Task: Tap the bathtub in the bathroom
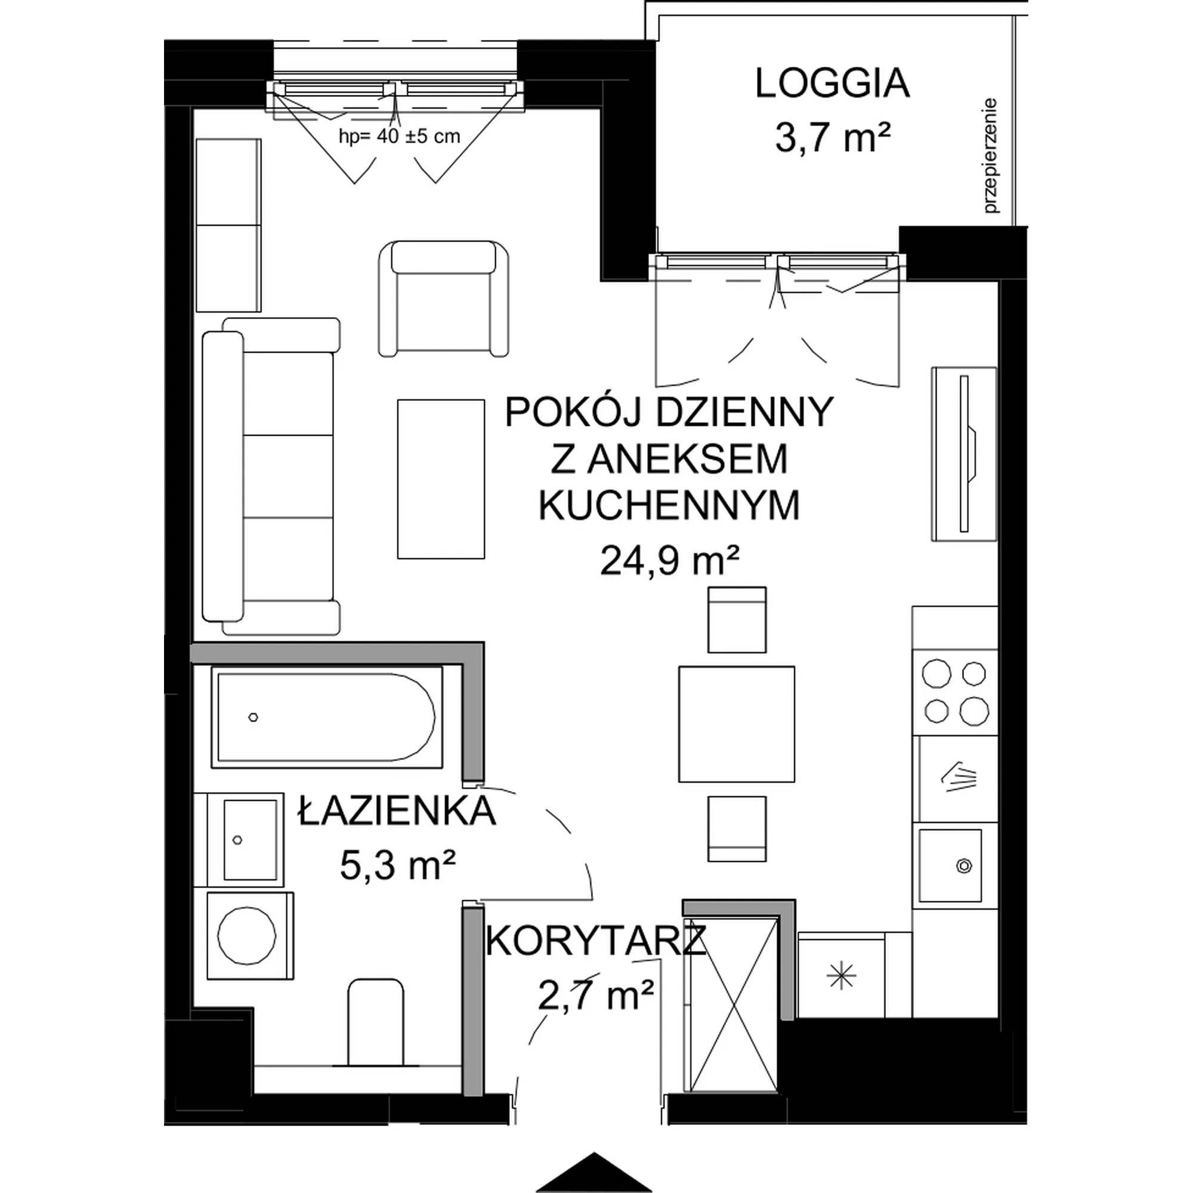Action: coord(327,717)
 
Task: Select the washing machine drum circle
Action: coord(246,935)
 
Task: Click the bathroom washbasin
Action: coord(245,840)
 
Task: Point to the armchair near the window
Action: coord(444,298)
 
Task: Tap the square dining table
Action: coord(736,724)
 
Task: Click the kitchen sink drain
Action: coord(963,865)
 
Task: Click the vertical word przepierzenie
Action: coord(992,156)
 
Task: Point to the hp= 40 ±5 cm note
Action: coord(400,136)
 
